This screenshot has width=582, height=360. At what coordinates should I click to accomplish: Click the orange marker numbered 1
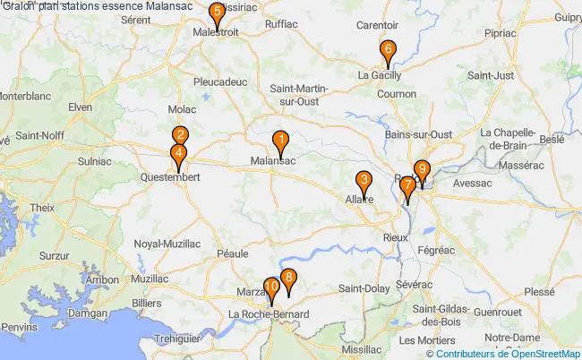click(x=280, y=141)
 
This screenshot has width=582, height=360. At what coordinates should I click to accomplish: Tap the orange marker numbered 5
click(x=217, y=13)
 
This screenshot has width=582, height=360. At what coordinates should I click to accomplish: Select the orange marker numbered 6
click(x=388, y=50)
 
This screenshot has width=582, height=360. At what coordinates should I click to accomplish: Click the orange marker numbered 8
click(x=287, y=279)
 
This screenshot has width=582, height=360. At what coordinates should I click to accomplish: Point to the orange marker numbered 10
click(x=271, y=289)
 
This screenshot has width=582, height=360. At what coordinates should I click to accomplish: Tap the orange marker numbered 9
click(x=422, y=168)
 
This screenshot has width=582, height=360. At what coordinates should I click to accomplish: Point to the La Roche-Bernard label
click(x=269, y=314)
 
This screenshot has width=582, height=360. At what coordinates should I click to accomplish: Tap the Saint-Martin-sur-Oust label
click(x=301, y=94)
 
